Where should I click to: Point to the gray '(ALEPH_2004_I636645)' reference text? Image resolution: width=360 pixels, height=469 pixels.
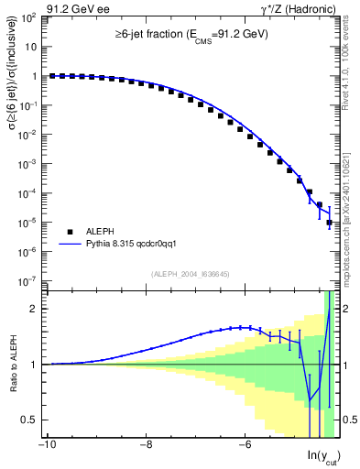[x=191, y=273]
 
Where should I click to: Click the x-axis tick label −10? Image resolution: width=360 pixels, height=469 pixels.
[x=46, y=447]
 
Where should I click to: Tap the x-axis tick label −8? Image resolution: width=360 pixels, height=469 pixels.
[x=146, y=447]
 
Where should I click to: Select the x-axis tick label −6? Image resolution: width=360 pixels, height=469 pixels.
[x=245, y=447]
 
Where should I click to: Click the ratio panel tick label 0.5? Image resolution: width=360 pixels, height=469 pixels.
[x=29, y=420]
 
